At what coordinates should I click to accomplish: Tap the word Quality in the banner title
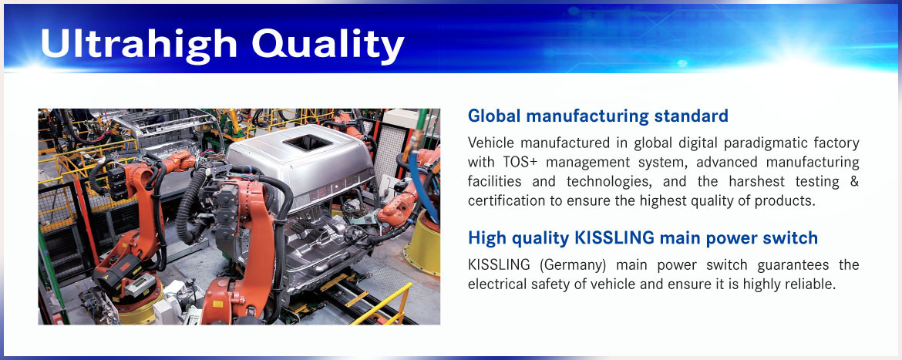pyautogui.click(x=328, y=45)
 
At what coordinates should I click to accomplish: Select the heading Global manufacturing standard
pyautogui.click(x=598, y=116)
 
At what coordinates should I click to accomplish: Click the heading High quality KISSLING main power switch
pyautogui.click(x=642, y=237)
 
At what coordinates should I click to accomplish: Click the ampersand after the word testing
pyautogui.click(x=853, y=182)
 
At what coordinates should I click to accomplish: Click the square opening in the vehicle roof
pyautogui.click(x=307, y=143)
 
